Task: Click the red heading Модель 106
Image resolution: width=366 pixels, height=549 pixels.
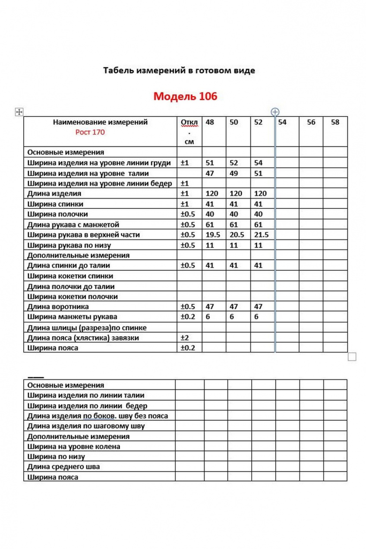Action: [185, 96]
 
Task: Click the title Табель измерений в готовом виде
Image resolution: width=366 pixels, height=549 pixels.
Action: [179, 70]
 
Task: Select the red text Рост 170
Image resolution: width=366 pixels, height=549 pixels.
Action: [90, 133]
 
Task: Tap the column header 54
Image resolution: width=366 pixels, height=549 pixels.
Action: [282, 122]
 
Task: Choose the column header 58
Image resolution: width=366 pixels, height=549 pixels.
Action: [335, 122]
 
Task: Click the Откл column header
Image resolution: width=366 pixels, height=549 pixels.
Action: [189, 123]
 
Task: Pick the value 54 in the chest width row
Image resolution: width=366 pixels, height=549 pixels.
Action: [258, 163]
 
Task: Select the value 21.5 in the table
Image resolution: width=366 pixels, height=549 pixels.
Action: [261, 235]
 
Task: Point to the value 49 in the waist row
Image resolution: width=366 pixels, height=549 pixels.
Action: [233, 174]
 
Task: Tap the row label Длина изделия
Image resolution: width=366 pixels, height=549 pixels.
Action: [54, 194]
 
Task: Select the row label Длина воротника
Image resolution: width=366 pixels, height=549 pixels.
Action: [58, 307]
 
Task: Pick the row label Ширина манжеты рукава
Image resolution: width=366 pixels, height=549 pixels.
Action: [69, 317]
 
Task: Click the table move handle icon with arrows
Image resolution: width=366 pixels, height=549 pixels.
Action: [19, 112]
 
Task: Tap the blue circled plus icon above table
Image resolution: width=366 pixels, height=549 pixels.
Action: [275, 112]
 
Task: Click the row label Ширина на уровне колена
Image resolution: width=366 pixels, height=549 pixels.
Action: [73, 447]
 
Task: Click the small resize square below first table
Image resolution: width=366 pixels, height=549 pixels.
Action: [352, 357]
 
